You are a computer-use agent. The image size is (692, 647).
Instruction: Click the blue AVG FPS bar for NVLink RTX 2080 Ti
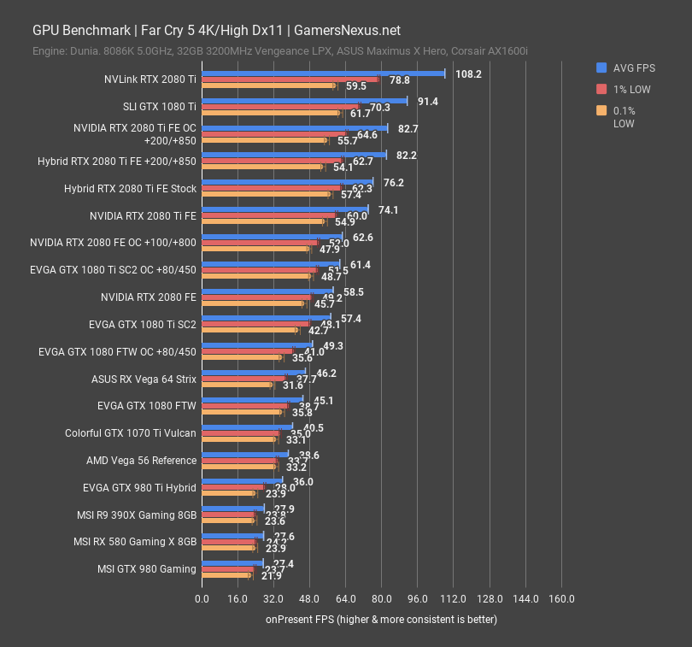click(323, 74)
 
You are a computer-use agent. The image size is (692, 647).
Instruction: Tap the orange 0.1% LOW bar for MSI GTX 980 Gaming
click(226, 576)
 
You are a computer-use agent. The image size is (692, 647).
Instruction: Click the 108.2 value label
click(468, 74)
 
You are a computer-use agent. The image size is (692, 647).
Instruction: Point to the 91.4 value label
click(427, 102)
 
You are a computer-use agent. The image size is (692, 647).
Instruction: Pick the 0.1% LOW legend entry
click(625, 116)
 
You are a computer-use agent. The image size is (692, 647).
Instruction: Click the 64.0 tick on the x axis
click(346, 599)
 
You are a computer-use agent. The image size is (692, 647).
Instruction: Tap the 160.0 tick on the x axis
click(561, 599)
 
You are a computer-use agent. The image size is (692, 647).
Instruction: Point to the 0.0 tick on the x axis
click(202, 599)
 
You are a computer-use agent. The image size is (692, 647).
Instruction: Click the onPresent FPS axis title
click(381, 619)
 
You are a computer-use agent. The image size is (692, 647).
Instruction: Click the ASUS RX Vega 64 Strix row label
click(144, 379)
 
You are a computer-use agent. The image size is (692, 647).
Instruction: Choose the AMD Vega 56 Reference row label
click(141, 461)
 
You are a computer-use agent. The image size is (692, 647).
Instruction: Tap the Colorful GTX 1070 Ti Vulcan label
click(131, 433)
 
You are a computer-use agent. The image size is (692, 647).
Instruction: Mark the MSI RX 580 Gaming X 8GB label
click(135, 542)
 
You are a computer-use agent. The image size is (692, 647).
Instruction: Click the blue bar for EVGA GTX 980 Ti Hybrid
click(242, 480)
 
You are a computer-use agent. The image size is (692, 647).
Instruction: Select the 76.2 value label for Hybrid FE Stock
click(394, 183)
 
